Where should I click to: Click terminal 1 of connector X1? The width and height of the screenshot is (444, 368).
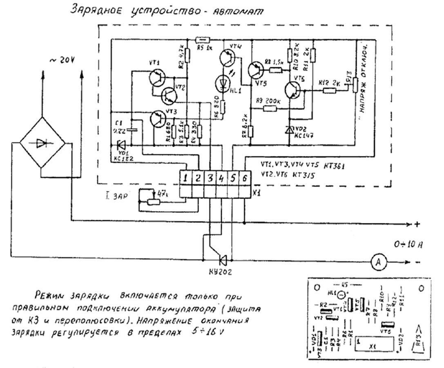point(186,178)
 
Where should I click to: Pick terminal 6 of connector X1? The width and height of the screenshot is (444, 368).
point(244,178)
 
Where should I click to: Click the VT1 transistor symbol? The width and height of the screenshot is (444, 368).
point(157,78)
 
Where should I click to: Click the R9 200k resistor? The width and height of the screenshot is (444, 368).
point(270,108)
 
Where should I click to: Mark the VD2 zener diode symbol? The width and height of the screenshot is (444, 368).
point(290,130)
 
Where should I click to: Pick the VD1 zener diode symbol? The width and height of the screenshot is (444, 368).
point(121,145)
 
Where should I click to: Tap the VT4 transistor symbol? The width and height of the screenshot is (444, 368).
point(227,57)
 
